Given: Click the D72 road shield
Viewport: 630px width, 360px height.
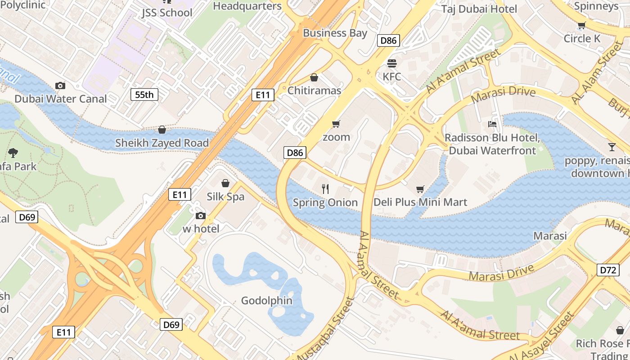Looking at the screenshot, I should [x=607, y=270].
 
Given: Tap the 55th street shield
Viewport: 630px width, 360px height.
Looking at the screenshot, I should [x=144, y=94].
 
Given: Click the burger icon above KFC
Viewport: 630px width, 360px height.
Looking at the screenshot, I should [x=391, y=63].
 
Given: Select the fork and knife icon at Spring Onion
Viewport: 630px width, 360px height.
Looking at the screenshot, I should [x=325, y=189].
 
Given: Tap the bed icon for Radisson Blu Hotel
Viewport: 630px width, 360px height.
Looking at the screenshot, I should [x=492, y=124].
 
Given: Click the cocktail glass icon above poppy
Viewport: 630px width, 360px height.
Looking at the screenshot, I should [x=612, y=147].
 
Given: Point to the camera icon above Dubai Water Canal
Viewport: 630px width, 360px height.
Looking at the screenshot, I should [x=60, y=85].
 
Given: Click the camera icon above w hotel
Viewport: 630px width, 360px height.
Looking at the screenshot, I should [x=201, y=216].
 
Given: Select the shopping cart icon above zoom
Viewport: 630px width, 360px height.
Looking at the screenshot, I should [x=336, y=124].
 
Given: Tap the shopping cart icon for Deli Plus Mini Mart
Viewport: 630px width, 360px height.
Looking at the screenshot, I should [x=420, y=189].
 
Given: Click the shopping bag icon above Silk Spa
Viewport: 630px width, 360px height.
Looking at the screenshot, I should [x=225, y=183].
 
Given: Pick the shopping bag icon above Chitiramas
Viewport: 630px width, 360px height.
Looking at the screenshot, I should [x=314, y=77].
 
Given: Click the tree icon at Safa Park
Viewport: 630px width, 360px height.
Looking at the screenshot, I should [x=13, y=153].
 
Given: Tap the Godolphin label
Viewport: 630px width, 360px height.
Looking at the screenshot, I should [x=267, y=301].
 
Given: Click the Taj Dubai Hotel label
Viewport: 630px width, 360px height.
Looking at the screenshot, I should [x=479, y=9].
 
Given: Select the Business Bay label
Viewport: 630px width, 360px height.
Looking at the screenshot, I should [x=335, y=33].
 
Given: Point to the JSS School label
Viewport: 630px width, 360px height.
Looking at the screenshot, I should [x=167, y=13].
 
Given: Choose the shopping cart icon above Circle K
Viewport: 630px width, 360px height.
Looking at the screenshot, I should [x=581, y=26].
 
